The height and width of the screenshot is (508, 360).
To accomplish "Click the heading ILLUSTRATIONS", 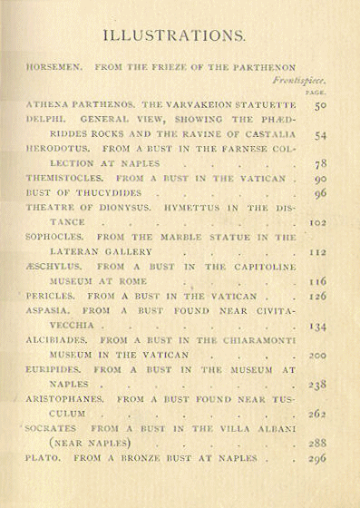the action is pos(173,36).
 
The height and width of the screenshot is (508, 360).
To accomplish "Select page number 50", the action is pos(320,106).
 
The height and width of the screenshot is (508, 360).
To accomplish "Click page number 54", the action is pos(320,135).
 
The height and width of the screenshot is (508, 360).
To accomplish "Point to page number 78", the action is pos(320,164).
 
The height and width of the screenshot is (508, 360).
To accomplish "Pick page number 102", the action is pos(317,221).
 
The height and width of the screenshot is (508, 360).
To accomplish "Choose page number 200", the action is pos(317,356).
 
